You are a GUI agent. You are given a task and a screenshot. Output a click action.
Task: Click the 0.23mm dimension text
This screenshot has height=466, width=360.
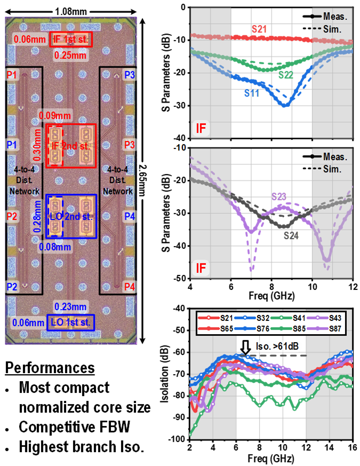click(70, 306)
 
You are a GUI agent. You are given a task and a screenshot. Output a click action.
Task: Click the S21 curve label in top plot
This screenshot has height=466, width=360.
click(259, 30)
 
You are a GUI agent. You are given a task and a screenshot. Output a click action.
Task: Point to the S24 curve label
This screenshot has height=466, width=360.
click(292, 235)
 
